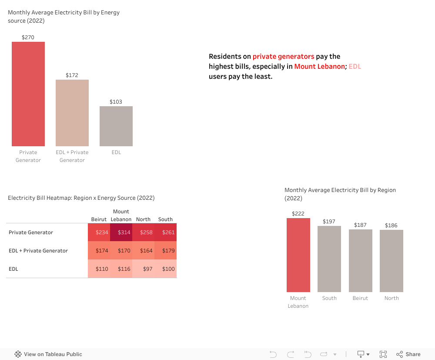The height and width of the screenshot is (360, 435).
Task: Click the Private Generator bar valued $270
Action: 28,94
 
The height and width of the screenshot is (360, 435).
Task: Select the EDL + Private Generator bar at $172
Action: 72,113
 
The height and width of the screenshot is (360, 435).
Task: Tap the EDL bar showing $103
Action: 116,126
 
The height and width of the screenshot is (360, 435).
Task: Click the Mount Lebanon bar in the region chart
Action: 298,255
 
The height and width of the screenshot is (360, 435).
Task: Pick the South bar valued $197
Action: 329,259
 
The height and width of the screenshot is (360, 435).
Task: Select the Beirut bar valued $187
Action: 361,261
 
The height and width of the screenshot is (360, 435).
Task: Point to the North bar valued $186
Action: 391,261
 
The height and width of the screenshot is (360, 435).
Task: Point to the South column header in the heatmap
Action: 165,219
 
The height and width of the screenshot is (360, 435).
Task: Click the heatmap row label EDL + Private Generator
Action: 38,251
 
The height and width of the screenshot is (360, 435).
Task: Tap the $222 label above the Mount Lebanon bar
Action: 298,214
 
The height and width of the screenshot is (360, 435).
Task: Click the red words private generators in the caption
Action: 283,57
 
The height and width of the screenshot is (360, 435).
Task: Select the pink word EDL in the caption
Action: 355,67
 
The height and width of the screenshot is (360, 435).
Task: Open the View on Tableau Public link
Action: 48,354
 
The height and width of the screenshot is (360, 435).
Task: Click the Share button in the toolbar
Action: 408,354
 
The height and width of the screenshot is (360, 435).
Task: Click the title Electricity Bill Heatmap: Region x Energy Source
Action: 81,198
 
